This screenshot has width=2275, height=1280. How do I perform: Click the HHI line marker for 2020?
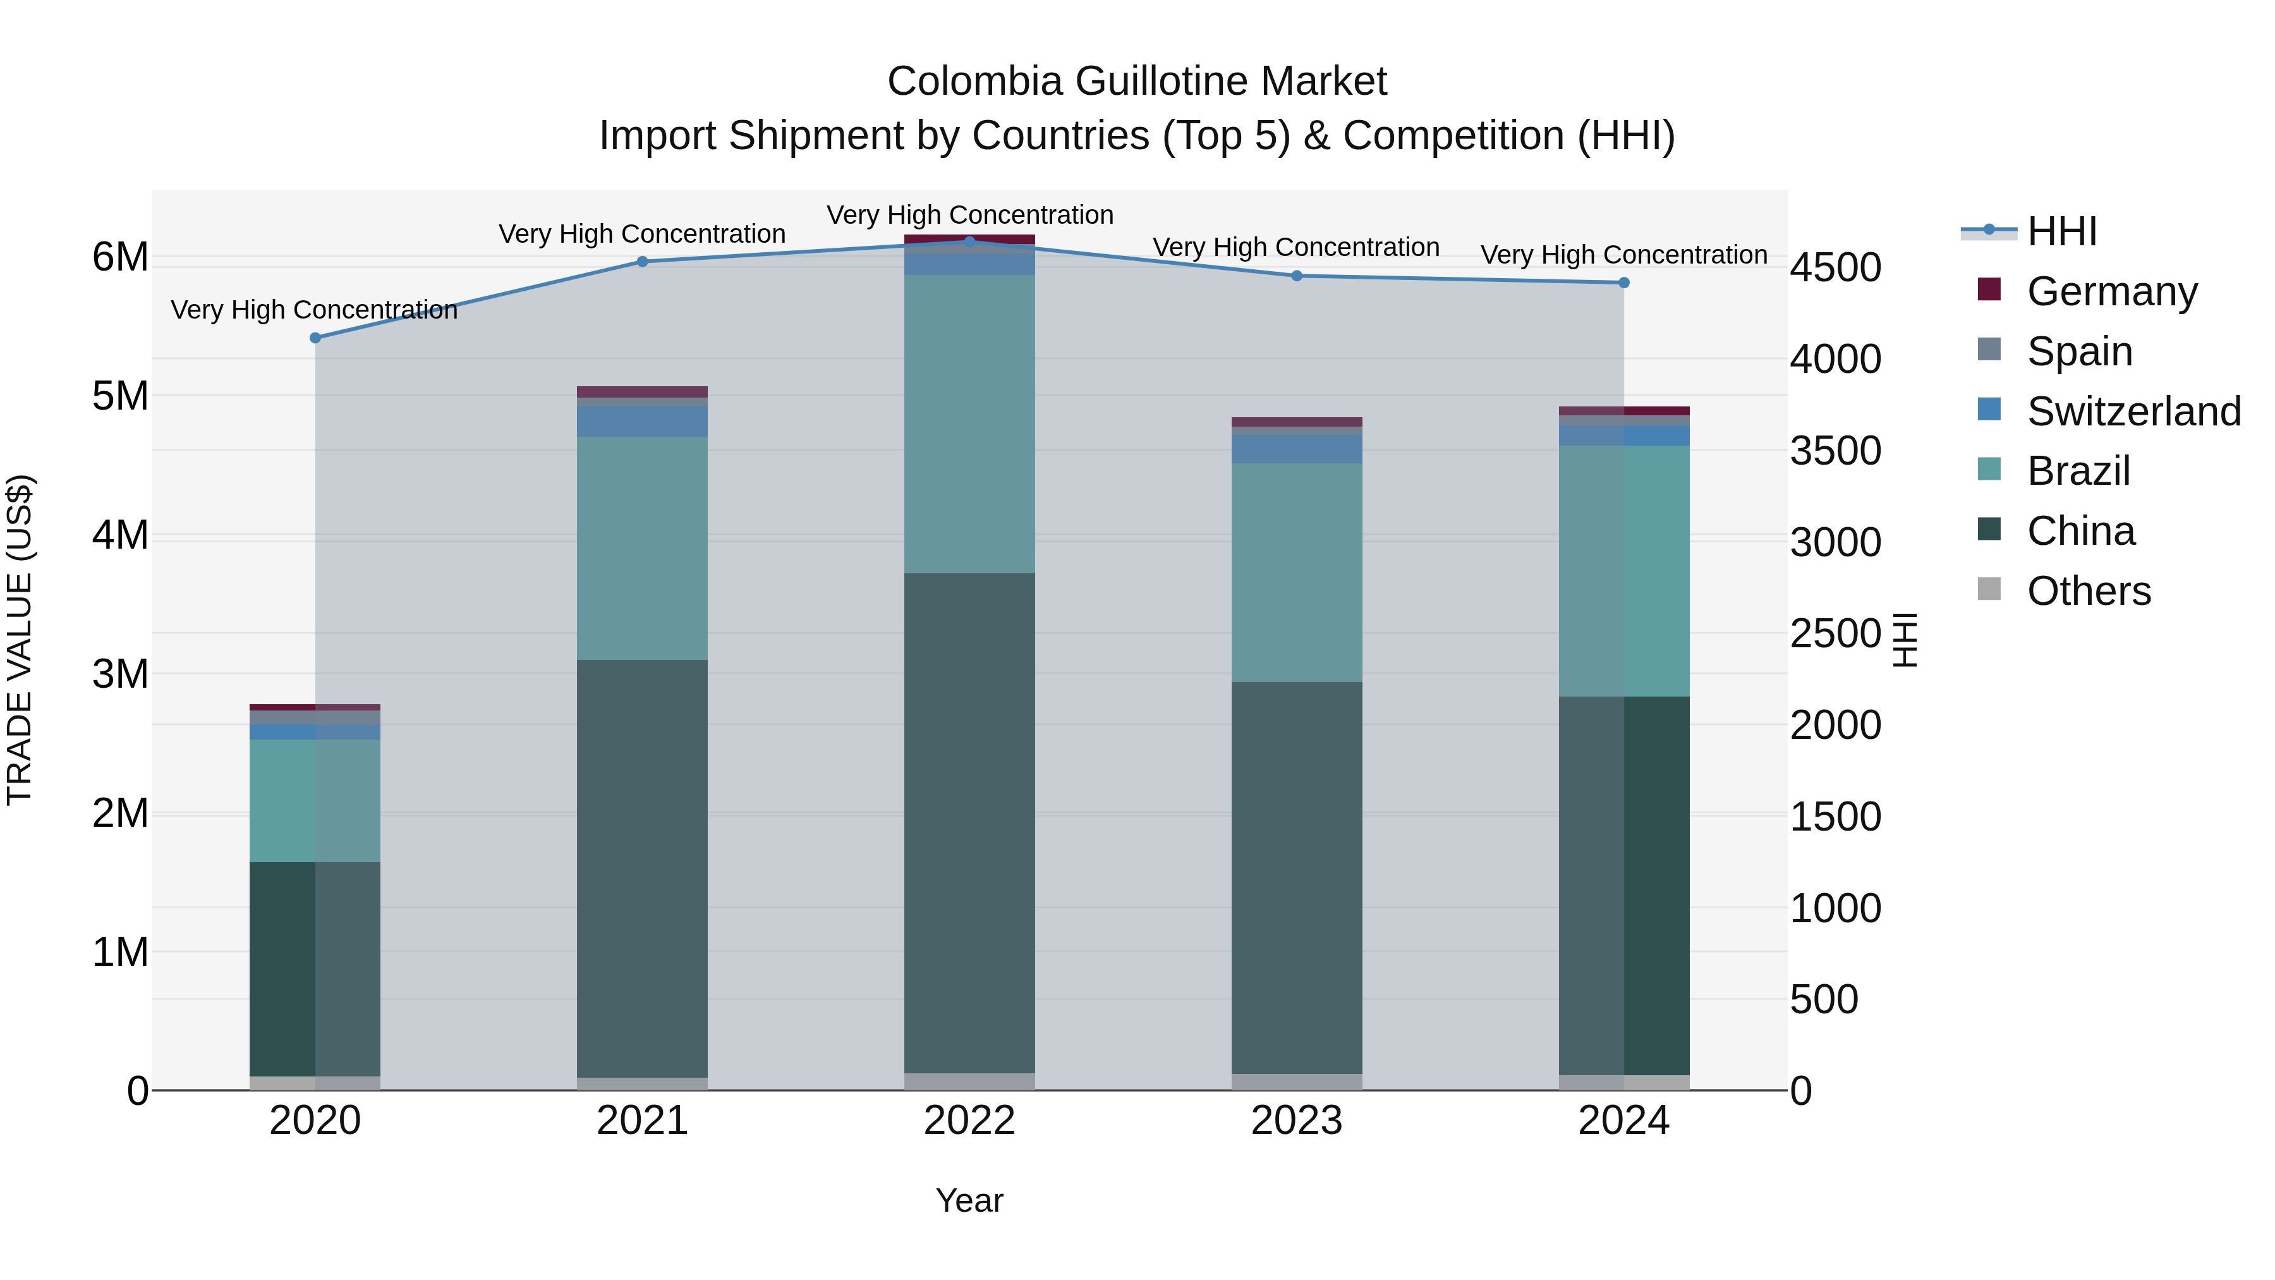(x=315, y=338)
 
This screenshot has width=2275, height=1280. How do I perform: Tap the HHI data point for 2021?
(x=642, y=262)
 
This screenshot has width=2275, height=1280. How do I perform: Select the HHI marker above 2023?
(x=1297, y=276)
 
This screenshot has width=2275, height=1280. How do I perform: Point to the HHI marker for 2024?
(x=1623, y=283)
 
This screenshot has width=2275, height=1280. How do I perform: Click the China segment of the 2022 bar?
(x=969, y=822)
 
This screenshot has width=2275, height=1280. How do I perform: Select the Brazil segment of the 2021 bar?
(x=642, y=547)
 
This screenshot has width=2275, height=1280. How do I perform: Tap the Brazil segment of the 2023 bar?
(x=1297, y=573)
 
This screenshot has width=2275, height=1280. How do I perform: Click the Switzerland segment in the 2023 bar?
(x=1297, y=449)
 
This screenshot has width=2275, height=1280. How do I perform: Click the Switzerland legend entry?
(x=2133, y=411)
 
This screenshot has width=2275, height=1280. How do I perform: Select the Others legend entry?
(x=2088, y=591)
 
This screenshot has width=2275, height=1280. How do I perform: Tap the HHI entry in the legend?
(x=2061, y=231)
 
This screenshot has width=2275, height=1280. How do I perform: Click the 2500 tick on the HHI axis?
(x=1835, y=633)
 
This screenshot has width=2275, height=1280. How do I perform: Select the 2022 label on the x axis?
(x=969, y=1121)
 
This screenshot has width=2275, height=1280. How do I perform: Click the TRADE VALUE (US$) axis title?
(x=20, y=640)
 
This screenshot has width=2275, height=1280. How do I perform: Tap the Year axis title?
(x=969, y=1200)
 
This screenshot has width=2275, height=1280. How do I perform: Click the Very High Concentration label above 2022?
(x=969, y=215)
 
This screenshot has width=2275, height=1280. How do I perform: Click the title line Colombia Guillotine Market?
(x=1137, y=82)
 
